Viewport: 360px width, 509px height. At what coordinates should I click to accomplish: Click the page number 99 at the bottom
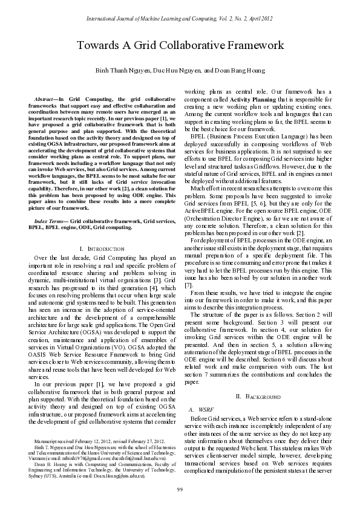(x=180, y=488)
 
